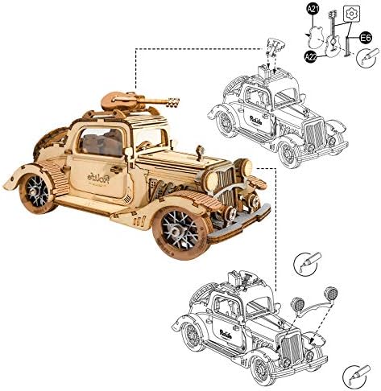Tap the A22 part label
pyautogui.click(x=311, y=56)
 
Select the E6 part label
pyautogui.click(x=365, y=37)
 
